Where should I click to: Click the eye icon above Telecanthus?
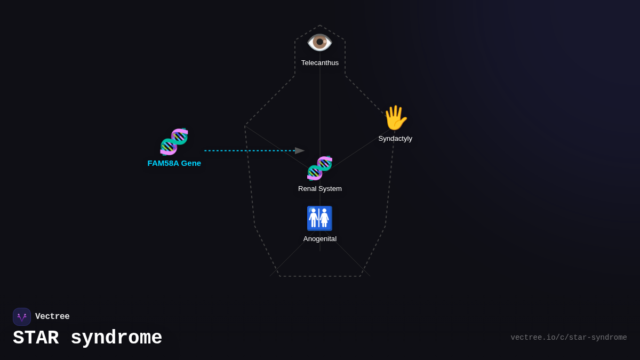click(319, 42)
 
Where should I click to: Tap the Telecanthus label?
click(320, 63)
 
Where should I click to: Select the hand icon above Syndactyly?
click(395, 118)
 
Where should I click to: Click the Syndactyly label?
click(395, 139)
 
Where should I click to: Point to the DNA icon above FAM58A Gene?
click(174, 142)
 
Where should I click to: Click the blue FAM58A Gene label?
click(174, 163)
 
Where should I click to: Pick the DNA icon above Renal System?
click(319, 168)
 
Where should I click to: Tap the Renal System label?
click(320, 189)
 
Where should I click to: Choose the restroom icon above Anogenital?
click(319, 218)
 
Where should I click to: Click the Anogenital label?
click(320, 239)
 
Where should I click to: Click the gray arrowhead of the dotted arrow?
click(299, 151)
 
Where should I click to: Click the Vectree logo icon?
click(22, 317)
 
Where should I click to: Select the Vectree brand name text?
click(52, 317)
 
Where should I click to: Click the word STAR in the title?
click(36, 338)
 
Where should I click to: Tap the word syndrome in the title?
click(116, 338)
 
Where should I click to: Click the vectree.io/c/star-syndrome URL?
click(569, 338)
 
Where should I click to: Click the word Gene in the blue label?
click(191, 163)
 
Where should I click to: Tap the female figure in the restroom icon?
click(324, 218)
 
